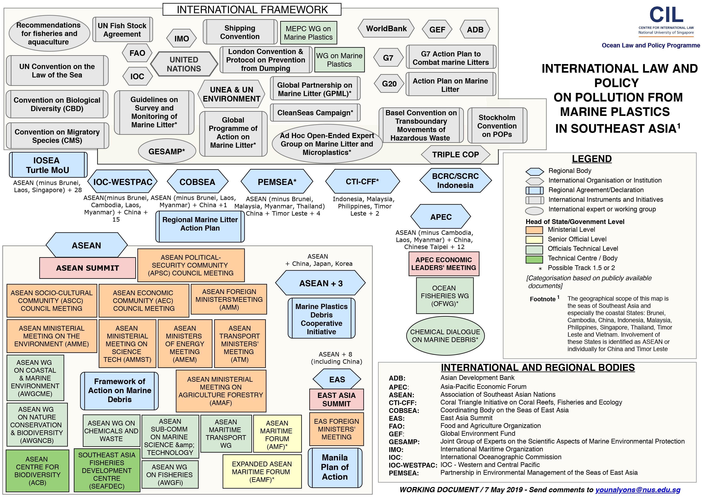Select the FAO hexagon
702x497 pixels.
[x=137, y=53]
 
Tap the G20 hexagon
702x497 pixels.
[x=389, y=83]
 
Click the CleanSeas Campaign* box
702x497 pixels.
[x=315, y=113]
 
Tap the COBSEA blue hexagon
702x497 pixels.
[x=197, y=182]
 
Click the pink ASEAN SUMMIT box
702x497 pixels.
[x=87, y=268]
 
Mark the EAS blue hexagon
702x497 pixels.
[x=337, y=379]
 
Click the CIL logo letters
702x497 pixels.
[x=666, y=14]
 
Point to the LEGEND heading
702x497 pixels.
[x=592, y=159]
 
